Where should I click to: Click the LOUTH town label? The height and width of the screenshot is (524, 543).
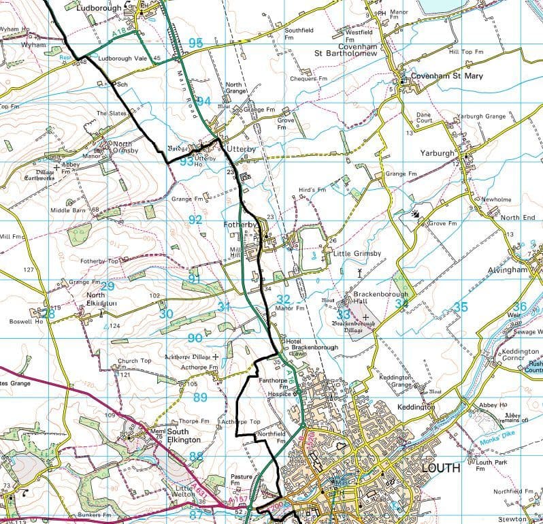pos(440,468)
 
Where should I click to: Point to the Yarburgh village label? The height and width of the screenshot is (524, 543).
pos(437,153)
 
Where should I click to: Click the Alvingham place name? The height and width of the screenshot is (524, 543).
pos(508,269)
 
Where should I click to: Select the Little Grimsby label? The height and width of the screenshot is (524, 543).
pos(356,253)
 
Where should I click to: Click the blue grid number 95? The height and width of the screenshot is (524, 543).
pos(195,44)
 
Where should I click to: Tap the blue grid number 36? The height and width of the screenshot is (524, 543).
pos(520,307)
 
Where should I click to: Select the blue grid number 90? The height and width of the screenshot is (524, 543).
pos(195,338)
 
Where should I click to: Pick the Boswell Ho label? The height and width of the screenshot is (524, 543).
pos(26,321)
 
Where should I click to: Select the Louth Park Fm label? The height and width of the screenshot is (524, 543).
pos(493,465)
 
